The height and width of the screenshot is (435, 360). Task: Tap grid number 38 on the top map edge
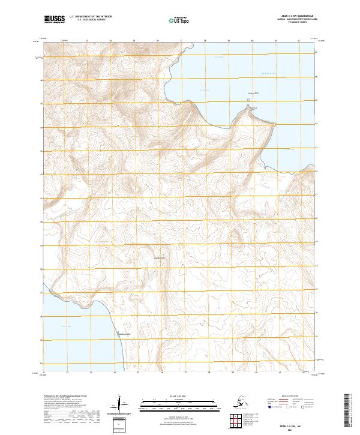(x=205, y=41)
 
